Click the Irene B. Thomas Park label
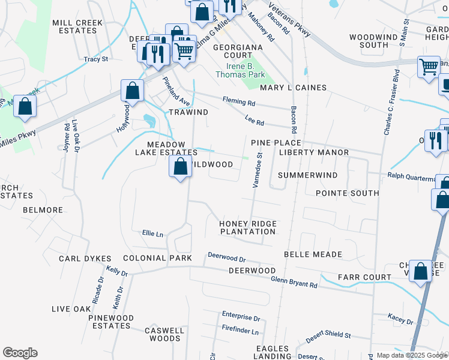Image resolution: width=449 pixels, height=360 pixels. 245,70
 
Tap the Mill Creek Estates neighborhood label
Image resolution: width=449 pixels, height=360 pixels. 78,26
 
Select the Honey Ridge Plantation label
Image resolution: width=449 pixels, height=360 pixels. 248,227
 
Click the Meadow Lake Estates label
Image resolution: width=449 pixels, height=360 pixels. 173,148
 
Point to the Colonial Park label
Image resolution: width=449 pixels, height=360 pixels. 157,258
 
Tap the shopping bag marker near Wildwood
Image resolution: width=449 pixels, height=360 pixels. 180,166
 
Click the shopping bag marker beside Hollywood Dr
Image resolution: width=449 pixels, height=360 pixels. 132,91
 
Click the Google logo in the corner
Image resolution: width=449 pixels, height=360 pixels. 20,353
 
